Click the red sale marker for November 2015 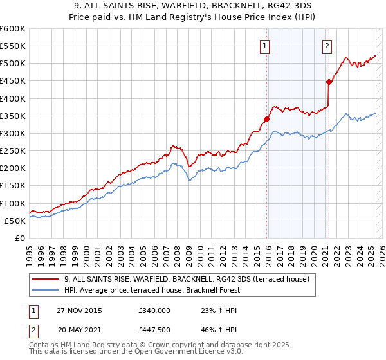(266, 119)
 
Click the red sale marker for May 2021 (329, 82)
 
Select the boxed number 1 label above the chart (265, 46)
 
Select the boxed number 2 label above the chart (327, 46)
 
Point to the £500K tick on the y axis (13, 64)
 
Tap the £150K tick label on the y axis (13, 186)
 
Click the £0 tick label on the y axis (19, 238)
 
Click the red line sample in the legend (46, 279)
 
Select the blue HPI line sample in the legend (46, 290)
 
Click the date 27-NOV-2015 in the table (79, 310)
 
